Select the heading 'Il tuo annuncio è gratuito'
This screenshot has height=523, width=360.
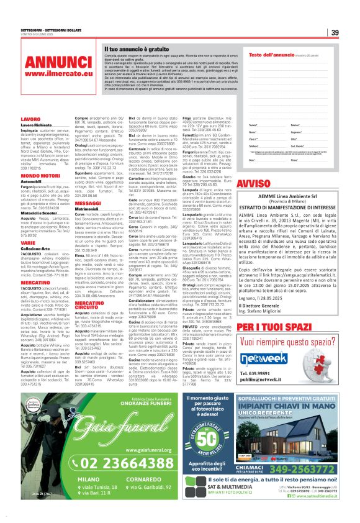coord(135,48)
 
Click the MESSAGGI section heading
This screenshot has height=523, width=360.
coord(88,202)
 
